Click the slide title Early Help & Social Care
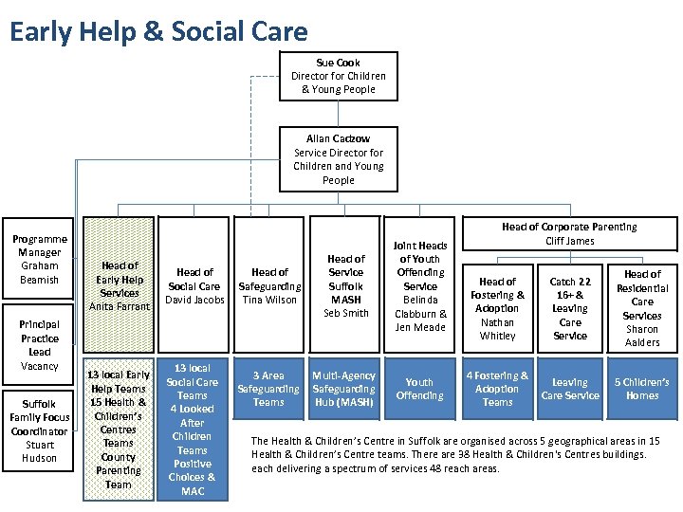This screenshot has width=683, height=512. click(158, 31)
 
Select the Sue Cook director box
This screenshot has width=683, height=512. click(339, 76)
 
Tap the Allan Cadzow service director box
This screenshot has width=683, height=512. click(339, 159)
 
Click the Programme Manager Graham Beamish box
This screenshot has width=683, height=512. click(40, 260)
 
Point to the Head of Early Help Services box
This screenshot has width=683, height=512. click(119, 285)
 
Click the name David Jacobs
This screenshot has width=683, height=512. click(194, 300)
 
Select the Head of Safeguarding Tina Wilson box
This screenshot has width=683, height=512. click(269, 285)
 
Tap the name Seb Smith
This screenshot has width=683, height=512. click(345, 313)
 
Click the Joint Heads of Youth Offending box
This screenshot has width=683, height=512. click(419, 285)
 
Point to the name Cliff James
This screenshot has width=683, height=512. click(569, 241)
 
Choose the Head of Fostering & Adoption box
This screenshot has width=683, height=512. click(497, 308)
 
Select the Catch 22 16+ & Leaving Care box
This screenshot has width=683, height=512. click(570, 308)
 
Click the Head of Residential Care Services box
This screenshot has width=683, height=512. click(642, 308)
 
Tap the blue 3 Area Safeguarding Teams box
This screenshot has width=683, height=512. click(268, 389)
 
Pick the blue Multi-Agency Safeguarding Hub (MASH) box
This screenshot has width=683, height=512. click(343, 389)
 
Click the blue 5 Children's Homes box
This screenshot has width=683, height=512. click(642, 389)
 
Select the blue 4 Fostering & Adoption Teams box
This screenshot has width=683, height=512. click(497, 389)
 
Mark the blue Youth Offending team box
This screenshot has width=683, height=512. click(419, 389)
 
